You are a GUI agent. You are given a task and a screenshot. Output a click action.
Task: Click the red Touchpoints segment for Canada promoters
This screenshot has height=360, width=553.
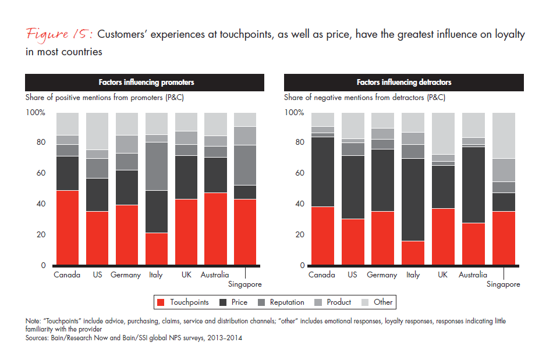tap(67, 227)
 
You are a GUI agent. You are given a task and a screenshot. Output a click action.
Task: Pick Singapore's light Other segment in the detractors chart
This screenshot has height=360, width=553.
tap(504, 136)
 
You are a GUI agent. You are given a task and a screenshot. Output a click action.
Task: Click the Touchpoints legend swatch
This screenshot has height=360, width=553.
tap(161, 302)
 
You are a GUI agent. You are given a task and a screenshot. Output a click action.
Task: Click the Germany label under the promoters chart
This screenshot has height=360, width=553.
tap(126, 275)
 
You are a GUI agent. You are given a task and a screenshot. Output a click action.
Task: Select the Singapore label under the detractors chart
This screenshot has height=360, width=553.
tap(504, 284)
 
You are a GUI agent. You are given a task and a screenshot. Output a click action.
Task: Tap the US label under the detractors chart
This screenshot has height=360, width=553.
tap(352, 275)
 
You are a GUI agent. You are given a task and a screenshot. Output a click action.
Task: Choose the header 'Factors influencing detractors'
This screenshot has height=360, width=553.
tap(403, 83)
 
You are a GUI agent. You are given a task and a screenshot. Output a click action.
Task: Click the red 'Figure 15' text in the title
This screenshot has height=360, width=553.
tap(58, 34)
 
